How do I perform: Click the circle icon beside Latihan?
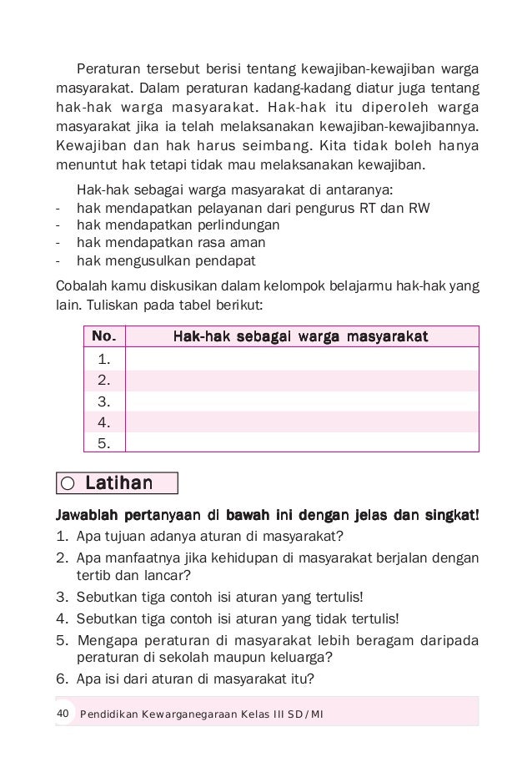(x=68, y=484)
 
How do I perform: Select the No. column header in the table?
(x=104, y=337)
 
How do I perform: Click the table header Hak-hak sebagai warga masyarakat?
(x=300, y=337)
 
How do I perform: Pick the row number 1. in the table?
(x=105, y=360)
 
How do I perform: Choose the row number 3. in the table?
(x=105, y=401)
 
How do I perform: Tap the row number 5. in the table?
(x=105, y=442)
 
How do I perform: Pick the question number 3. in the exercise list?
(x=62, y=597)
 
